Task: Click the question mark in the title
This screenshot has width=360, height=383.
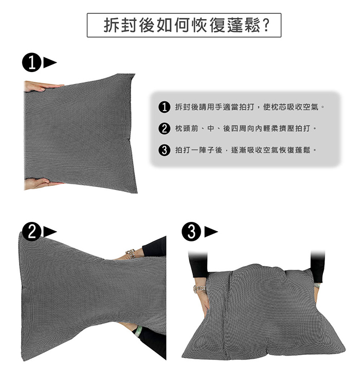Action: coord(265,25)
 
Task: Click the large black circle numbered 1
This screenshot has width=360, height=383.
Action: coord(32,62)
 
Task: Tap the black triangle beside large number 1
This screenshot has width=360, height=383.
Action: coord(50,62)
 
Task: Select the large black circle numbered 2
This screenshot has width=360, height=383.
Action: coord(32,232)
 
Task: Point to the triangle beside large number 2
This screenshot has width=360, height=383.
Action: coord(50,232)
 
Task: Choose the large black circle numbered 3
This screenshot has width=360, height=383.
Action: coord(191,232)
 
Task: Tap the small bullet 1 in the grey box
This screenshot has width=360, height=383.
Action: coord(164,107)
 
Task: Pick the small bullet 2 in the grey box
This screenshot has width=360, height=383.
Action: coord(164,128)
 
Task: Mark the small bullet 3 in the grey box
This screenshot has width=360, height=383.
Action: coord(164,150)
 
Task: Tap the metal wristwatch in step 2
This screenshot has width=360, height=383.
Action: coord(130,254)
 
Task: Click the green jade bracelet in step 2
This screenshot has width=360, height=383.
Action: coord(138,331)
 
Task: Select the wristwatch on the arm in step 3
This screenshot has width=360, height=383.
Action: coord(199,289)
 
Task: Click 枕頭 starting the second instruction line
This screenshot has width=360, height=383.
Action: coord(183,129)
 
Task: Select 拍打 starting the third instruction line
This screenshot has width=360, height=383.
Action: coord(183,150)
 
